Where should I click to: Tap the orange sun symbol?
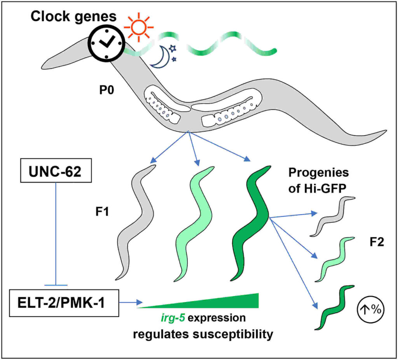138,28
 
